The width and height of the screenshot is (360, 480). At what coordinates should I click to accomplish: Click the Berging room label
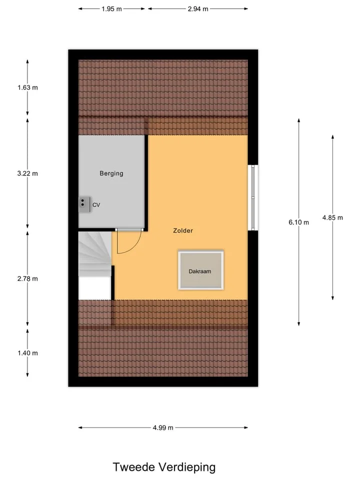[111, 173]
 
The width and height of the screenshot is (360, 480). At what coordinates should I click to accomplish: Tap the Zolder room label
[183, 230]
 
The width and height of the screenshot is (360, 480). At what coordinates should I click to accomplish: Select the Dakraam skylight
[201, 270]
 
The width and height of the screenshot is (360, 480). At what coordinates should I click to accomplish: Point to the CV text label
[96, 205]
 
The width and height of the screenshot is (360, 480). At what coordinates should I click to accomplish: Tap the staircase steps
[95, 254]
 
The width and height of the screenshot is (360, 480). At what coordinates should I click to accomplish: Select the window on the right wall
[253, 198]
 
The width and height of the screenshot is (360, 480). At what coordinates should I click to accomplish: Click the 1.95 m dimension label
[111, 9]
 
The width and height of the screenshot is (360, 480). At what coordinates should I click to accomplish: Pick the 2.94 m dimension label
[198, 9]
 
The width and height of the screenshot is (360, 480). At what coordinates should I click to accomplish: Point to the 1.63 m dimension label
[27, 87]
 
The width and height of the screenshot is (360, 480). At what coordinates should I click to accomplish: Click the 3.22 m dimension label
[27, 173]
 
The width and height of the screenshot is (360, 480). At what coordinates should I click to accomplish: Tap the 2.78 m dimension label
[27, 278]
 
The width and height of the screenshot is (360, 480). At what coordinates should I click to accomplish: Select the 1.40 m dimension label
[27, 353]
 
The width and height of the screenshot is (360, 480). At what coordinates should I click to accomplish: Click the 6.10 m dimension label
[299, 222]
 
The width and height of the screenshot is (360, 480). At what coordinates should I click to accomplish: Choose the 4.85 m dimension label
[332, 217]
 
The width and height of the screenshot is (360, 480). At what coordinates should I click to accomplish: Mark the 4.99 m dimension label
[163, 427]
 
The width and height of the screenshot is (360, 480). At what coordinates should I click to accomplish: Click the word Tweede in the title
[134, 467]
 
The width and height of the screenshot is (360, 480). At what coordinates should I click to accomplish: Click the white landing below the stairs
[95, 288]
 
